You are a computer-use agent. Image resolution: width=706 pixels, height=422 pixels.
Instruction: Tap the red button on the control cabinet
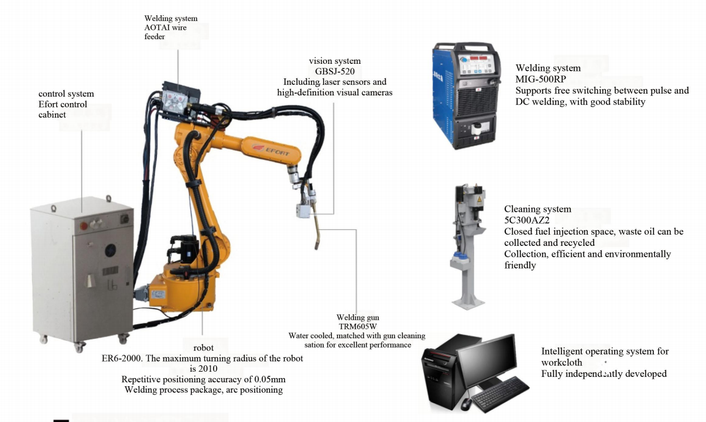pos(84,226)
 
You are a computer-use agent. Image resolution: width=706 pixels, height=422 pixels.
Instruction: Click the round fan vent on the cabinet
pos(110,251)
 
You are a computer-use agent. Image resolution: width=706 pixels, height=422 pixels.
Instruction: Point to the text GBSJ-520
pos(335,71)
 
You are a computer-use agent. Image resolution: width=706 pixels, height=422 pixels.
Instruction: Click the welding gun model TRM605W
pos(358,327)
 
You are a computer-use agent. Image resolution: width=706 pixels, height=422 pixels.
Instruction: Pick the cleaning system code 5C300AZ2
pos(527,220)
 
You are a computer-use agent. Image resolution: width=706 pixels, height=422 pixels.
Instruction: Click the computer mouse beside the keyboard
pos(466,404)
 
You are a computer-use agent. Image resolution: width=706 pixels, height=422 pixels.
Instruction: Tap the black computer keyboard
pos(500,394)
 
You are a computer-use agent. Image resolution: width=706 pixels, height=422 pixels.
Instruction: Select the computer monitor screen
pos(488,360)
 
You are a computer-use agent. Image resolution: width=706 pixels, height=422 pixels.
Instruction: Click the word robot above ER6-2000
pos(203,348)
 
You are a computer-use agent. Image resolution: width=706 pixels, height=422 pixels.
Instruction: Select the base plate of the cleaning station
pos(468,303)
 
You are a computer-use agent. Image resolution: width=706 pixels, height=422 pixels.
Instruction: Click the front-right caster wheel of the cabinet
pos(123,339)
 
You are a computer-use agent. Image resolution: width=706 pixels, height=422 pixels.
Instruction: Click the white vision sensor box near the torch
pos(303,210)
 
